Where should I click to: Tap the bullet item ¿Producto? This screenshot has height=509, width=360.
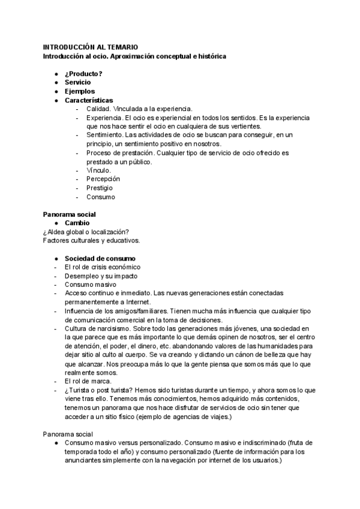pos(83,74)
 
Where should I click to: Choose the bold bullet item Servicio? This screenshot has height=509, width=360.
pos(78,82)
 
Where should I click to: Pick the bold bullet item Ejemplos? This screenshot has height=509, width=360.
pos(80,91)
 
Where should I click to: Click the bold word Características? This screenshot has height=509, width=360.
pos(89,100)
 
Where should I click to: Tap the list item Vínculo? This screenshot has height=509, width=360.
pos(98,170)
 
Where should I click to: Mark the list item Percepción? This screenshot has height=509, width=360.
pos(103,179)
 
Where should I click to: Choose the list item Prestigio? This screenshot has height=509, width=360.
pos(101,188)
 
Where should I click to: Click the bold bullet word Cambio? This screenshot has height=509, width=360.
pos(77,223)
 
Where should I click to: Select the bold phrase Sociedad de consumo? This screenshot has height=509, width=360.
pos(95,258)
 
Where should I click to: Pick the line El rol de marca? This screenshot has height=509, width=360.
pos(88,381)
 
